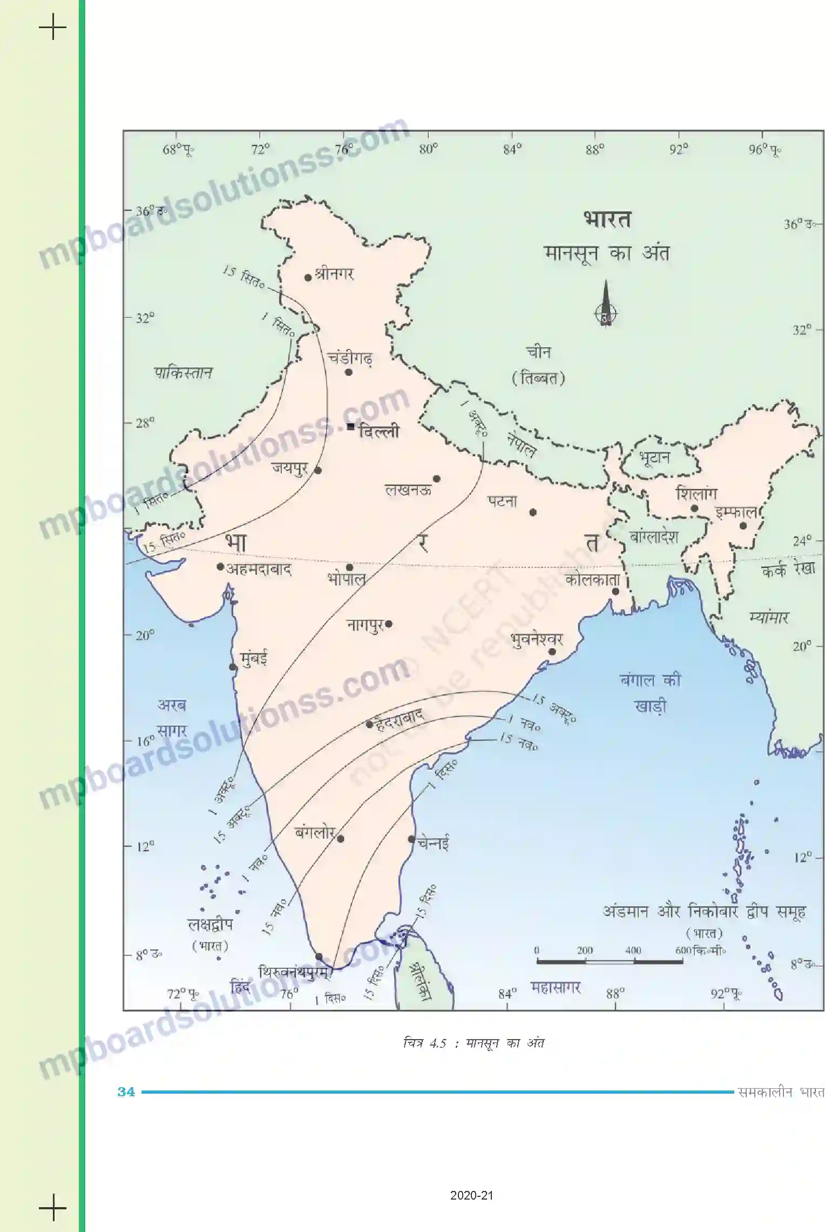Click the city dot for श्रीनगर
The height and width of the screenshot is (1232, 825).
click(308, 278)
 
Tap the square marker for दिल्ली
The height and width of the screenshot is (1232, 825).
click(351, 427)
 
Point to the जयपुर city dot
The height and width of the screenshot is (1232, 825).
click(318, 470)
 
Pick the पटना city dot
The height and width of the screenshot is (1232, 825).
click(533, 512)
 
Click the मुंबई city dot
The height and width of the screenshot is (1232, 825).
click(233, 667)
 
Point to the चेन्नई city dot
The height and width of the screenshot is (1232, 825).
click(411, 839)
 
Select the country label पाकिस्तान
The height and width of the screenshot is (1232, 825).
click(183, 372)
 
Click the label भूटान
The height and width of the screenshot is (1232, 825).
click(654, 458)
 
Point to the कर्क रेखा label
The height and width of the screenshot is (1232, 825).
click(788, 569)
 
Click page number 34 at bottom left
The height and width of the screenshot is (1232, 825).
click(126, 1092)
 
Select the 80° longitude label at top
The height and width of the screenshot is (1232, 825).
click(428, 150)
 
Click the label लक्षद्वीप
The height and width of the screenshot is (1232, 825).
click(210, 925)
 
